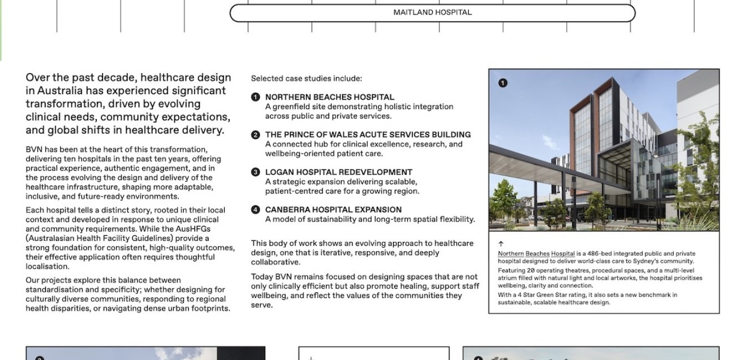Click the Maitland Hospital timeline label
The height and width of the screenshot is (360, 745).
[x=432, y=12]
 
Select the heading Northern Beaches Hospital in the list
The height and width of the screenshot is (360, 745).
[x=329, y=97]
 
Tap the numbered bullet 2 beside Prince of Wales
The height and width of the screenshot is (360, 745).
[x=255, y=135]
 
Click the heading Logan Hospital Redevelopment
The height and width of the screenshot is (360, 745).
[x=338, y=172]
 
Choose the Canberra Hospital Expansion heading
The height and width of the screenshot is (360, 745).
[x=333, y=210]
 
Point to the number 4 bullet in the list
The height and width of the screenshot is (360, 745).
[x=255, y=210]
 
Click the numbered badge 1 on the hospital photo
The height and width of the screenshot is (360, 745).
[x=503, y=83]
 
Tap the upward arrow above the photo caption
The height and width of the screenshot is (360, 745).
[x=501, y=244]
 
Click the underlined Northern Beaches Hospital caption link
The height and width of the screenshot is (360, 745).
[x=536, y=254]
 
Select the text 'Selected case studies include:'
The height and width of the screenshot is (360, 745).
[x=306, y=79]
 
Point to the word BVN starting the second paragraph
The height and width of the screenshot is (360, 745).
[x=33, y=150]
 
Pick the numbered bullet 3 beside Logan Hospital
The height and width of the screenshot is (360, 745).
[x=255, y=172]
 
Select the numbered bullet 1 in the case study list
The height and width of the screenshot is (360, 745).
[x=255, y=97]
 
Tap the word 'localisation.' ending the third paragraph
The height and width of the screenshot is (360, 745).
[x=47, y=266]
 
